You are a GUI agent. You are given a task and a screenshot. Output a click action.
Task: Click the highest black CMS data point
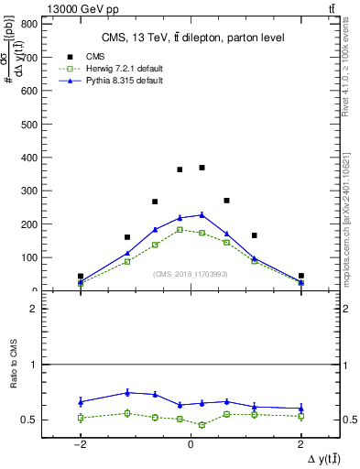202,168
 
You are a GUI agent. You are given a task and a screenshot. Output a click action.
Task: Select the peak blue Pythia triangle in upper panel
202,214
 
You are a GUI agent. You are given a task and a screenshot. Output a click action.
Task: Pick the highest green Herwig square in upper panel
180,229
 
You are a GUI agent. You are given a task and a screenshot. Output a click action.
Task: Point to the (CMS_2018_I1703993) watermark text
191,274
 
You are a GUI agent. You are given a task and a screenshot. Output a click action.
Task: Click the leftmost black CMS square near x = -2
81,276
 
